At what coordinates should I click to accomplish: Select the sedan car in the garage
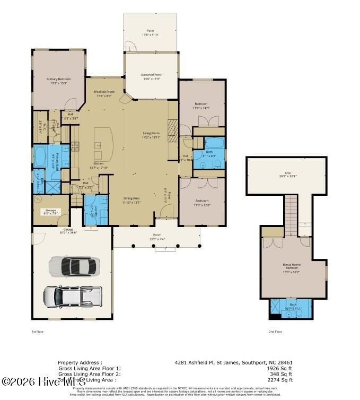[74, 266]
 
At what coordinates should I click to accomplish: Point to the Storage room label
[50, 212]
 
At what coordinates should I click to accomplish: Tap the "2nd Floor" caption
[275, 331]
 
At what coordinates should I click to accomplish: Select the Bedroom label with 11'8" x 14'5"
[201, 106]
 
